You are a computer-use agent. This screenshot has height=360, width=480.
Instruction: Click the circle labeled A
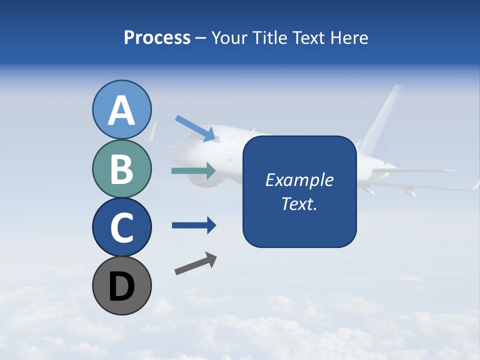122,109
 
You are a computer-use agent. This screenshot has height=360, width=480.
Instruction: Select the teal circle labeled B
122,168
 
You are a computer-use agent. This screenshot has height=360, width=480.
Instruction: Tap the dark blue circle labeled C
122,227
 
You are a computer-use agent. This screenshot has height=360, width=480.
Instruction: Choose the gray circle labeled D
122,285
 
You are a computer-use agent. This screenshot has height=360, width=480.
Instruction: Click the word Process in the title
157,37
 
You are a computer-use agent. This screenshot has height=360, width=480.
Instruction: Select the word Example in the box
299,180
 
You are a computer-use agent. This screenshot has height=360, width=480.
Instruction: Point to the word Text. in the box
299,203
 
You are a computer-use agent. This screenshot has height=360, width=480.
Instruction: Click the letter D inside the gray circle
122,286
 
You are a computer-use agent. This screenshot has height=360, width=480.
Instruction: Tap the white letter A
122,110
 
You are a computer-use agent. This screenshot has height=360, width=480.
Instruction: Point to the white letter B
122,169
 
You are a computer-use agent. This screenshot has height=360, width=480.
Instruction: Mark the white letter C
122,227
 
